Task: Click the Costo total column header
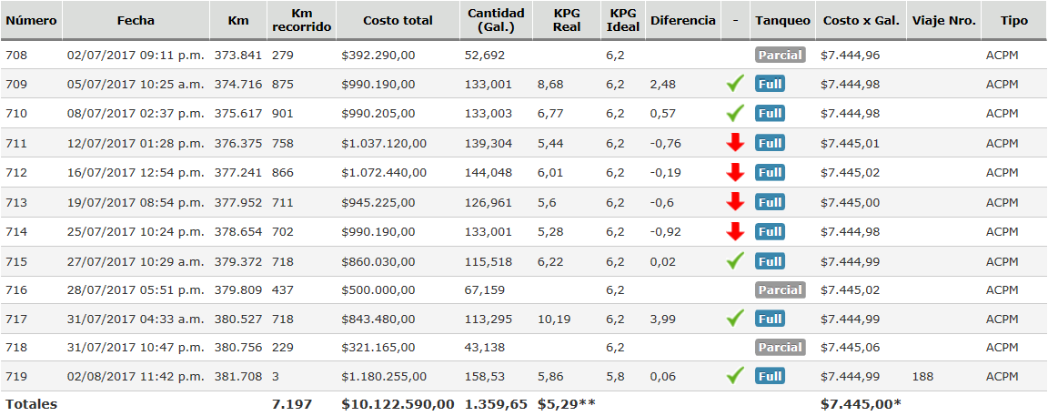398,20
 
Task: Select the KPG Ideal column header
622,20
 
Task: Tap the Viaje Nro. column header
943,20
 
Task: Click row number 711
17,143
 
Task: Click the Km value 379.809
238,290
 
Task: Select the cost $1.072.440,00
383,173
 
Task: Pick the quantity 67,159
485,290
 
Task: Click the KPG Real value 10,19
554,320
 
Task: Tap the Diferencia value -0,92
666,232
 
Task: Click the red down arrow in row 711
735,143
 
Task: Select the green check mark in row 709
735,85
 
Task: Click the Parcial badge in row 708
780,56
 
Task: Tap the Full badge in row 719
770,376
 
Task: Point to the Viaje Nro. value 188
922,376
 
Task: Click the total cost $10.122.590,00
398,404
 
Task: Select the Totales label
31,404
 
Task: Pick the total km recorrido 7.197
291,404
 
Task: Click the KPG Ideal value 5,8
615,376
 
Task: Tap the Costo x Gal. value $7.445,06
850,347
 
